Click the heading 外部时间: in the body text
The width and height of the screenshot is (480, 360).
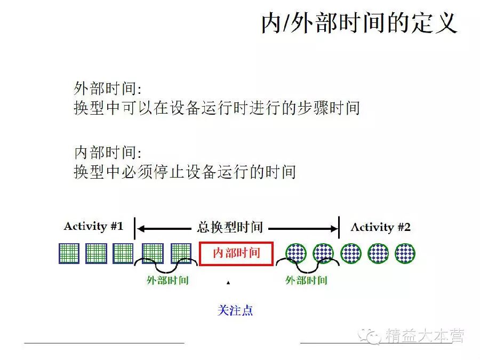tap(107, 89)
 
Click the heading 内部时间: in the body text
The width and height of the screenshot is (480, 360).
tap(107, 153)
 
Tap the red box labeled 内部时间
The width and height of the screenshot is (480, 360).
tap(236, 253)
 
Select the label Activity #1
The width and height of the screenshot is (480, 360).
tap(93, 226)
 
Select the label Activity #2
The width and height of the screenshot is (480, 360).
tap(380, 227)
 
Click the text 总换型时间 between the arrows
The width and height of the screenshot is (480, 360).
tap(230, 228)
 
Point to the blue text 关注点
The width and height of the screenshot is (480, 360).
tap(235, 310)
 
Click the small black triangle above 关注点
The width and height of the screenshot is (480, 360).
tap(228, 282)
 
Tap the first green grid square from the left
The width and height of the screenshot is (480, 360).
tap(69, 253)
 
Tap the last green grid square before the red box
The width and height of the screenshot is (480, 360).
tap(181, 253)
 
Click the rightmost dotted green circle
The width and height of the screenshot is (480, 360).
tap(405, 253)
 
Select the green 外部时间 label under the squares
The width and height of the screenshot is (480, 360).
tap(167, 280)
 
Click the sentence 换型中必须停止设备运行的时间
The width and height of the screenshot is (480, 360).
tap(185, 172)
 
